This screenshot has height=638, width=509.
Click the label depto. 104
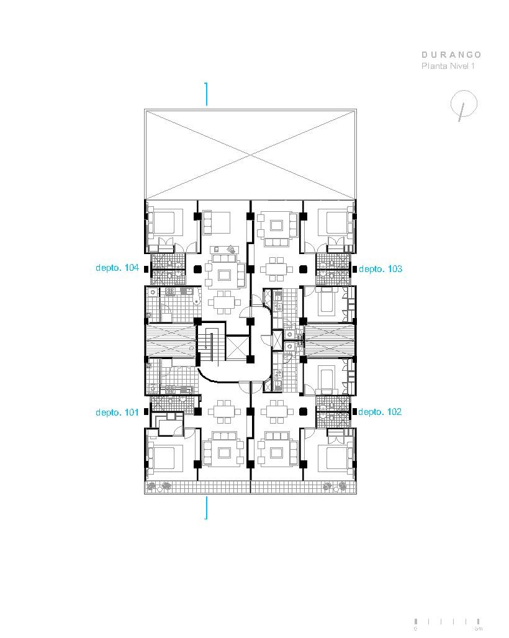click(x=117, y=268)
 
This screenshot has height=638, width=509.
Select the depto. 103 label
click(x=381, y=269)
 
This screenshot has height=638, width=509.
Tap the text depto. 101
click(x=117, y=412)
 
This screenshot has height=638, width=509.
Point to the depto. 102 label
click(x=380, y=412)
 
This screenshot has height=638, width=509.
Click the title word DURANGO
click(x=451, y=55)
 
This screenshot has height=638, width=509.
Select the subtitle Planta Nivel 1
click(x=448, y=66)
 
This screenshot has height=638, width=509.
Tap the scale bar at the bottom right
click(x=448, y=621)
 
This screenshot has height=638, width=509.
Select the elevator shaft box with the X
click(x=236, y=348)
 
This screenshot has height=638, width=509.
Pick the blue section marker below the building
click(x=206, y=507)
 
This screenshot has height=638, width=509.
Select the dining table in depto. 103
click(x=277, y=268)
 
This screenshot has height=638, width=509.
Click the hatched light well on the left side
click(x=170, y=341)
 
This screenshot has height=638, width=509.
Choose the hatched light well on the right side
click(x=328, y=341)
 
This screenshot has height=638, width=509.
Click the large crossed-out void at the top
click(x=251, y=154)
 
